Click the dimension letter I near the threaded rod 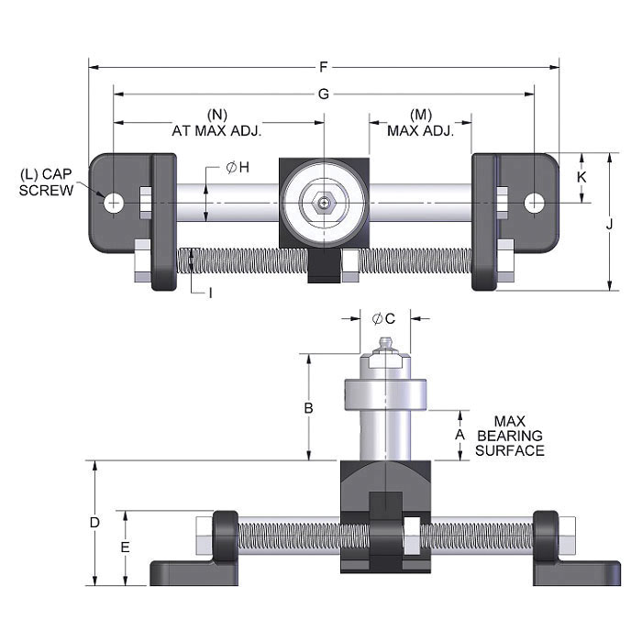tap(210, 293)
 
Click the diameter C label tap(384, 318)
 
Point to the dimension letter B tap(309, 406)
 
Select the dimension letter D tap(94, 522)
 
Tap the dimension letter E tap(127, 547)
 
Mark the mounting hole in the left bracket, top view tap(113, 203)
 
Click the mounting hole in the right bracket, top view tap(535, 203)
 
